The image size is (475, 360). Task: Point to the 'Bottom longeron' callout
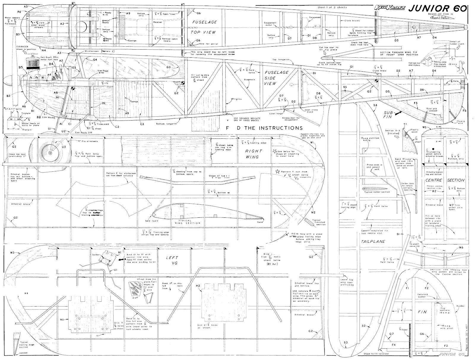pyautogui.click(x=162, y=123)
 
